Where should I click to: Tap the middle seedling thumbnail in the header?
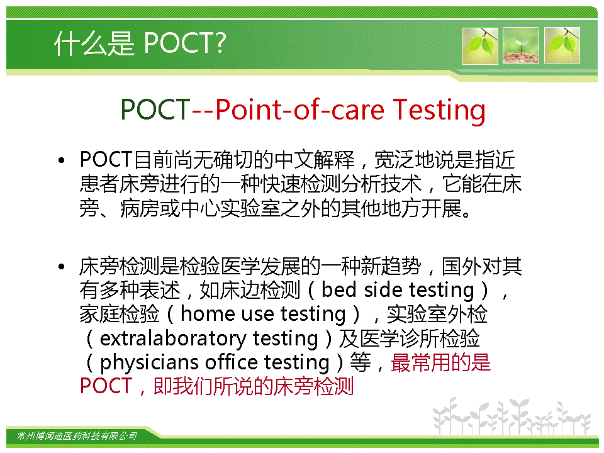tap(521, 45)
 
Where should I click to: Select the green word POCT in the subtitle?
tap(155, 109)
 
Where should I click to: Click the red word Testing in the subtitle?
tap(439, 111)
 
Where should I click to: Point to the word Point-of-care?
tap(299, 109)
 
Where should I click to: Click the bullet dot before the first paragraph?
tap(61, 160)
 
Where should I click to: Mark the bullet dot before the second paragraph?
tap(61, 267)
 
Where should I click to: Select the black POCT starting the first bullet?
tap(106, 159)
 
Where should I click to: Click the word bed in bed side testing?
tap(339, 289)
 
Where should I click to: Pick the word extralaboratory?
tap(173, 338)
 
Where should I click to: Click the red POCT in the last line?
tap(106, 386)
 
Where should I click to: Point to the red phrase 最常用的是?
tap(441, 362)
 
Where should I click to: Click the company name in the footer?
tap(77, 435)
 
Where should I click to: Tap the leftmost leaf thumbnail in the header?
tap(480, 45)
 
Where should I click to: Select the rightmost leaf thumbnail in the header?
tap(562, 45)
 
